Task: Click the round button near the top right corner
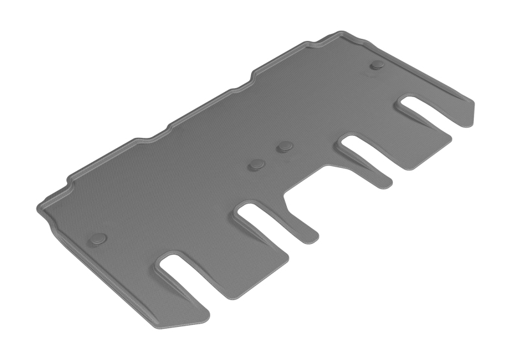378,64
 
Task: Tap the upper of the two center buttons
284,147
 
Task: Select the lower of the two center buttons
257,165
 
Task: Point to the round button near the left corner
98,239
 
